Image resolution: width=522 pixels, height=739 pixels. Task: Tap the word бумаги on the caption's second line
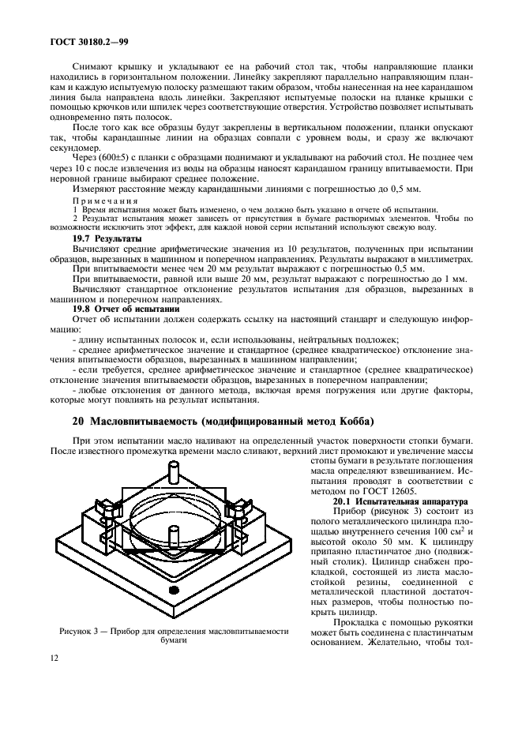pyautogui.click(x=174, y=641)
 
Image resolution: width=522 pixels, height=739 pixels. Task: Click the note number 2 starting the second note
pyautogui.click(x=75, y=219)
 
